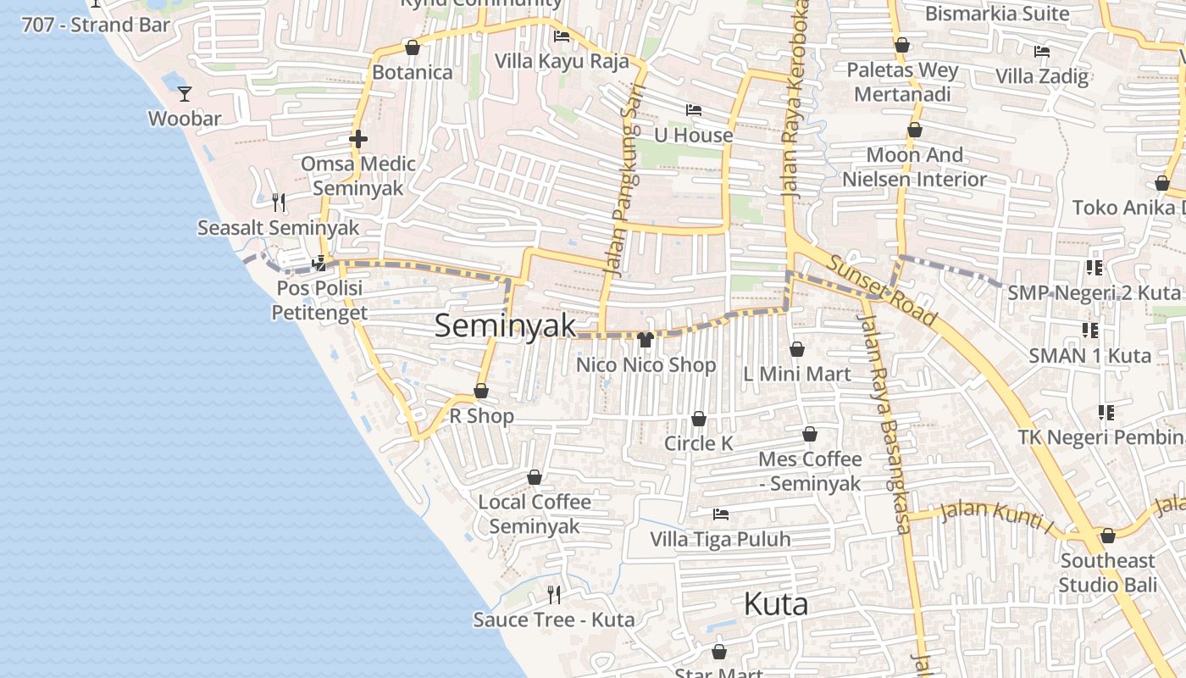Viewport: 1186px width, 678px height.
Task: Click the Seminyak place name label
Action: [505, 326]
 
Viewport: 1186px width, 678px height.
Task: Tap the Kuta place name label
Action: [775, 604]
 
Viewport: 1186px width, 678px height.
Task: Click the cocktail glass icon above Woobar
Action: [185, 93]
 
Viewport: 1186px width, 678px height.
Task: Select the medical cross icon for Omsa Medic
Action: [358, 139]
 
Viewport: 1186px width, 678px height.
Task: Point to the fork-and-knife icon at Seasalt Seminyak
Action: [278, 202]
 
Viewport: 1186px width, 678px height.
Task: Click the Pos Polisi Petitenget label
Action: [319, 300]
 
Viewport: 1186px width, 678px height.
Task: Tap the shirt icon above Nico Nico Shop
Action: [646, 340]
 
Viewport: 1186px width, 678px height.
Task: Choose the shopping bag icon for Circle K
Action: [699, 419]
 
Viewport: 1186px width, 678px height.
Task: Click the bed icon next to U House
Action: [693, 110]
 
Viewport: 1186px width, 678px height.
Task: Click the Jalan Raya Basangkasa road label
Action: [884, 424]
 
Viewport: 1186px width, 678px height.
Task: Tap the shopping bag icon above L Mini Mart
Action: [796, 349]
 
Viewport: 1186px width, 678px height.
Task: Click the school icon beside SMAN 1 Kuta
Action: [1089, 330]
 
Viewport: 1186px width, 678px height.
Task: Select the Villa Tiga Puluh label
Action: [720, 539]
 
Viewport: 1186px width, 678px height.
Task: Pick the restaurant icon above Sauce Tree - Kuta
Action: [554, 594]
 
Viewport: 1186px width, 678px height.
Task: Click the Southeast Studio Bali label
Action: [1107, 573]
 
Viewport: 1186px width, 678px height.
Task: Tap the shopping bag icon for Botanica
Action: [413, 47]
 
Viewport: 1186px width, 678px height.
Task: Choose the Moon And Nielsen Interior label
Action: [914, 167]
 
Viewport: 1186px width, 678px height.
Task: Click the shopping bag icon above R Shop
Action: [481, 391]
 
